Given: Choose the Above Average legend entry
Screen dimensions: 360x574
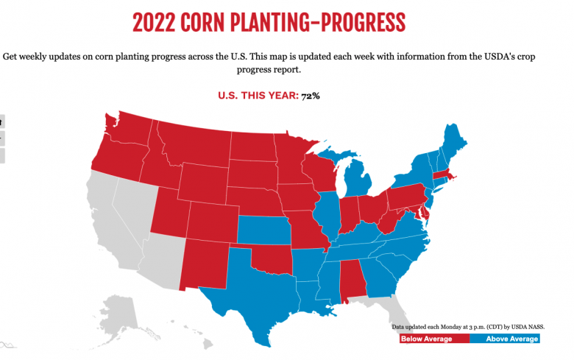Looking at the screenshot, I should [505, 339].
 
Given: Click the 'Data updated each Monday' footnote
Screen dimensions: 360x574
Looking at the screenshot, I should [467, 325].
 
